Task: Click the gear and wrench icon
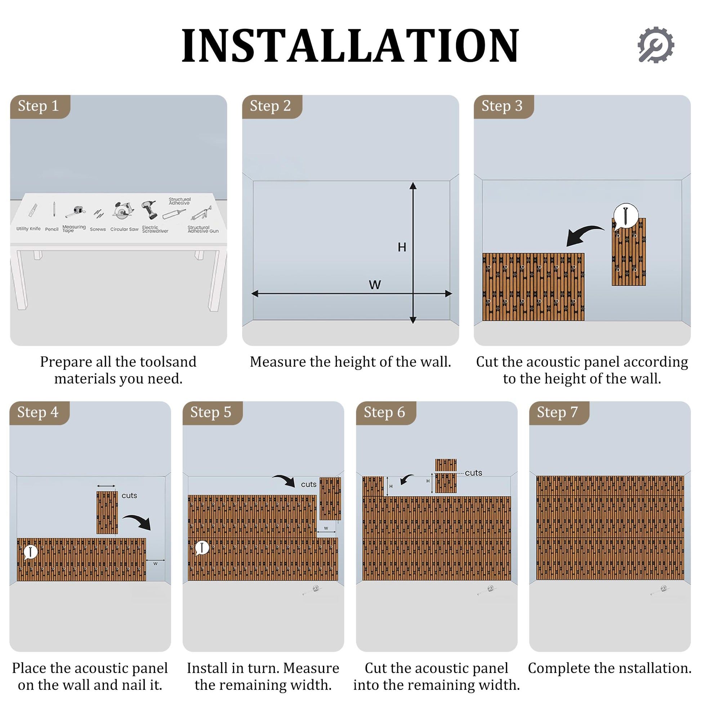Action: [x=656, y=45]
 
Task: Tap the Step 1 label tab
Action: [x=40, y=107]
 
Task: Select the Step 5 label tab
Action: [x=213, y=413]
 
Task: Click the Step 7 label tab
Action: [x=559, y=413]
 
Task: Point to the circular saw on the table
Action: [x=123, y=210]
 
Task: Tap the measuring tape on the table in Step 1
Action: [x=76, y=211]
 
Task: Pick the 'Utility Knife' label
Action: [x=28, y=229]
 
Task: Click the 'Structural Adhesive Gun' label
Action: [x=203, y=229]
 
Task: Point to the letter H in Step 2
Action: [x=402, y=247]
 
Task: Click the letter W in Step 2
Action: [x=375, y=285]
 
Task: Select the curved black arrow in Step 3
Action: [x=584, y=235]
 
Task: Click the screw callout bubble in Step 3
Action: [x=625, y=216]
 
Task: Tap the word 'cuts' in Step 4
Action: [x=129, y=496]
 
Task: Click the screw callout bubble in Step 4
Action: [x=31, y=552]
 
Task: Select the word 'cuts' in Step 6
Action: [x=473, y=473]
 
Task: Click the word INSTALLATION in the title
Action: [x=350, y=46]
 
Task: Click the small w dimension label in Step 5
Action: [x=326, y=528]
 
